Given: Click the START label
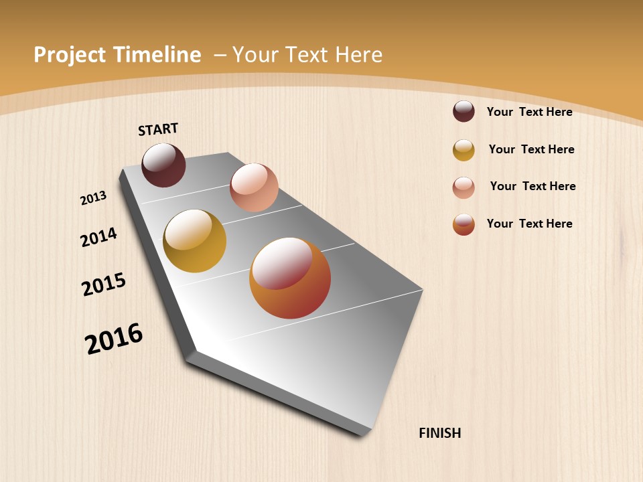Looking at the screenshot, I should (158, 129).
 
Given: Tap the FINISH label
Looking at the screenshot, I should (440, 433).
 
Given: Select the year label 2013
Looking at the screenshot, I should (93, 198).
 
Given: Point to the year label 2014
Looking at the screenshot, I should (98, 237).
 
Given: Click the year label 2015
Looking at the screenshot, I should (104, 285).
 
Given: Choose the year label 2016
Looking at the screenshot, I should (114, 338).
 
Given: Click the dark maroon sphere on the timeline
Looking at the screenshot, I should (164, 165).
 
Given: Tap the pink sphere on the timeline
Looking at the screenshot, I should (254, 187).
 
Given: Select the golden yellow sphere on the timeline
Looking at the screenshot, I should (195, 241).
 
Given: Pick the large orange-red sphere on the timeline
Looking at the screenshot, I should (290, 278).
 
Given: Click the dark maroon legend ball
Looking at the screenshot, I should (463, 111).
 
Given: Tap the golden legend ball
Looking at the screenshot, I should (463, 150).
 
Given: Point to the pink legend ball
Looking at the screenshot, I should (463, 187).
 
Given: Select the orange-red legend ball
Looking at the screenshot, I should (463, 224).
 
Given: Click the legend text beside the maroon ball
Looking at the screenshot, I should (529, 112).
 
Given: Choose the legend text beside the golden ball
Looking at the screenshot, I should (531, 149).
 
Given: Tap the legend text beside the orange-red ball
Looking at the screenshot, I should (529, 224).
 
